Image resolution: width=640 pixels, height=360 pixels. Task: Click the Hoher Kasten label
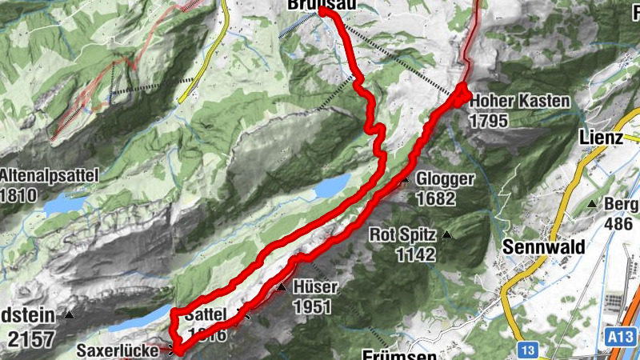(519, 102)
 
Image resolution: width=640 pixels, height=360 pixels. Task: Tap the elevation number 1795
(490, 120)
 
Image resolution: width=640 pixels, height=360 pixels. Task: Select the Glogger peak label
(446, 179)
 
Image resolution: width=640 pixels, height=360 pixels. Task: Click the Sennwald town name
(542, 246)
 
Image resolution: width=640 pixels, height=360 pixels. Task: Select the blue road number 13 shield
(526, 350)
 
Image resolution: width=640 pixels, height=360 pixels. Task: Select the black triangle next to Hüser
(282, 286)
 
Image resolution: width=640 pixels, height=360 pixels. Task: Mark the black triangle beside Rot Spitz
(447, 235)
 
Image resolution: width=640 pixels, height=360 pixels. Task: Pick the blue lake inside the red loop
(330, 187)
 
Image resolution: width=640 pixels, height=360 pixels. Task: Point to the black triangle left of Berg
(592, 205)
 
